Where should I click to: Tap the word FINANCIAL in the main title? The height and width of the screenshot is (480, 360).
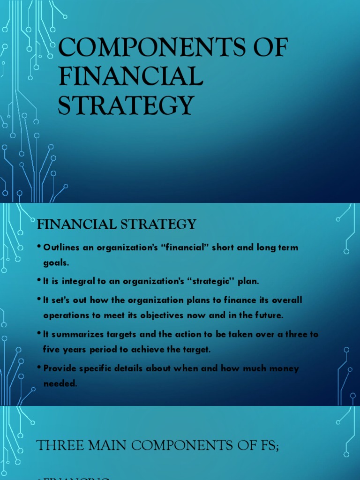tap(130, 76)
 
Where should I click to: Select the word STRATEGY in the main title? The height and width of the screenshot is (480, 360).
tap(125, 105)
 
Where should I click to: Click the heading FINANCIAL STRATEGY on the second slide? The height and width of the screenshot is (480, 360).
tap(116, 225)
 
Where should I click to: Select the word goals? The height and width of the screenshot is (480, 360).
tap(56, 263)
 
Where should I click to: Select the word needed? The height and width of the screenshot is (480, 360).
tap(59, 383)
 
